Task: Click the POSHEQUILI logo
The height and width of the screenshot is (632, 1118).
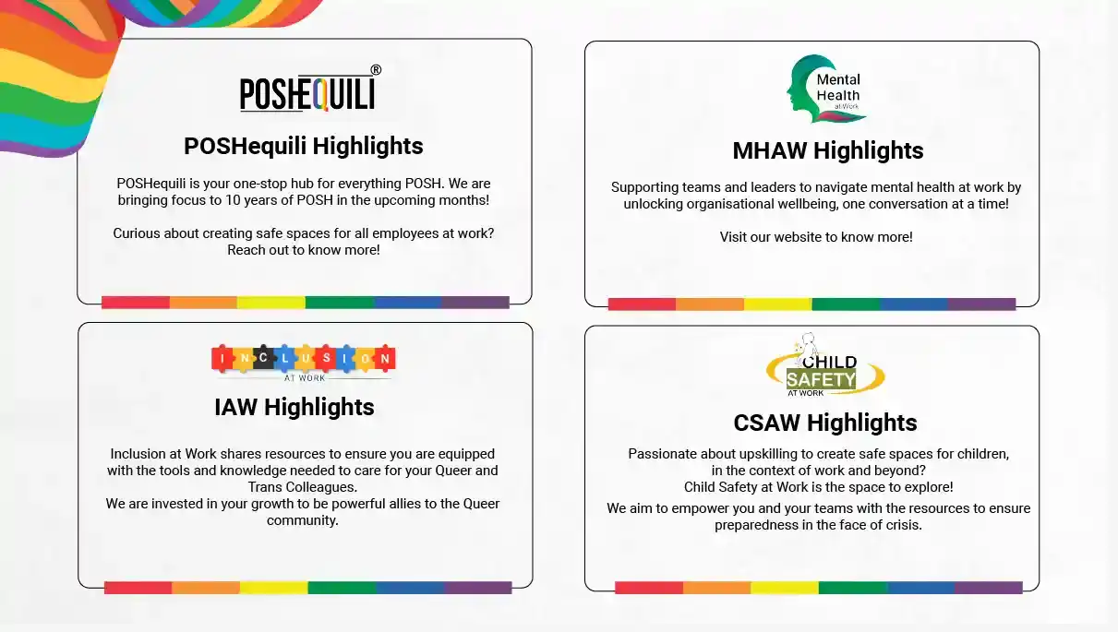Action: [307, 93]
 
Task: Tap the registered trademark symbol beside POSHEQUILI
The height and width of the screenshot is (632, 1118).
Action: [376, 70]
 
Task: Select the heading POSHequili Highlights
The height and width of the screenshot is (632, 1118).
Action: [303, 146]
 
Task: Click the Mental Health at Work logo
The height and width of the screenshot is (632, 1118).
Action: [825, 89]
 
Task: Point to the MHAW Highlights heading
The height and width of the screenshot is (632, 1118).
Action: [827, 150]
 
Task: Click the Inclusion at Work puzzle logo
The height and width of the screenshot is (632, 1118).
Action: [303, 359]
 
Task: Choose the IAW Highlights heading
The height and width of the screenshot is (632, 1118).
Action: [294, 407]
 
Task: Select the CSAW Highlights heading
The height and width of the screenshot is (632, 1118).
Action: [824, 423]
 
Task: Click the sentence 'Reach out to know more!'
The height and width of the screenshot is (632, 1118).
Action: [303, 250]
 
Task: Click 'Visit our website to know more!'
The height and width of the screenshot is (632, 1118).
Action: [815, 237]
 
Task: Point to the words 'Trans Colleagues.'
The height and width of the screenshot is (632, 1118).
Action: [303, 487]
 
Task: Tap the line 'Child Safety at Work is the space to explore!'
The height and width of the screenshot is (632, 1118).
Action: [818, 487]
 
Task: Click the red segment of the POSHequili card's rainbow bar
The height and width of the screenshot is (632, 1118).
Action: [135, 303]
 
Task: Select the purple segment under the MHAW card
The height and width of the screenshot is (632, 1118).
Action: [981, 304]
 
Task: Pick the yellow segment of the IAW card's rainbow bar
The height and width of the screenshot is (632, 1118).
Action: [273, 588]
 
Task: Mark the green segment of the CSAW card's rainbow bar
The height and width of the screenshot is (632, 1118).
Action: [852, 588]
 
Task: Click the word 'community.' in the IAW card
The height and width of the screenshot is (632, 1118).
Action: [303, 520]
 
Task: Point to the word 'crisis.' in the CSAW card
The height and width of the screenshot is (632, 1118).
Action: [902, 525]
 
